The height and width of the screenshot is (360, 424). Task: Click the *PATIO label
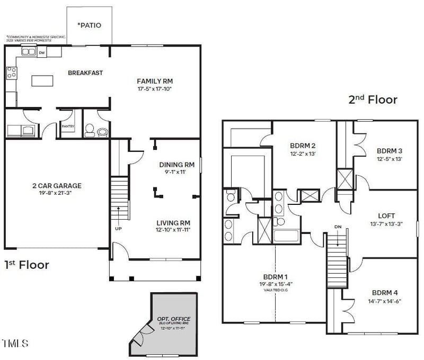[x=89, y=25]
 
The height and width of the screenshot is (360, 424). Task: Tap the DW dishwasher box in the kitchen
[x=42, y=52]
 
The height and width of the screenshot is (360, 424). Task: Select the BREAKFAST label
[x=85, y=73]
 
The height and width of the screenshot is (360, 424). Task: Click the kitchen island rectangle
[x=44, y=80]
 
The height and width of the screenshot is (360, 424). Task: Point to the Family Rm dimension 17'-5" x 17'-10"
[x=155, y=89]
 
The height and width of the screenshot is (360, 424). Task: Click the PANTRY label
[x=67, y=127]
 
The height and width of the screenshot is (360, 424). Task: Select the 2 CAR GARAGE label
[x=56, y=186]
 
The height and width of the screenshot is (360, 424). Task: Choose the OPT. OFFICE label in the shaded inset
[x=173, y=319]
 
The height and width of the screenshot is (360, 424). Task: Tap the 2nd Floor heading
[x=372, y=100]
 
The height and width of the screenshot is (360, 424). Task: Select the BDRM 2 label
[x=303, y=146]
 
